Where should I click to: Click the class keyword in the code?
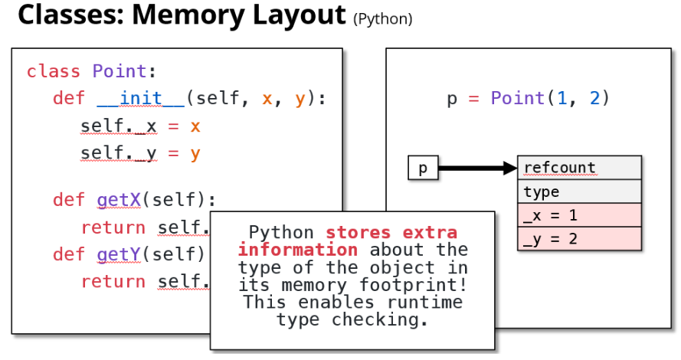click(x=53, y=72)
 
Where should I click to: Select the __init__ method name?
click(x=140, y=99)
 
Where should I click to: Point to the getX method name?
click(x=119, y=201)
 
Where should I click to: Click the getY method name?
click(x=119, y=254)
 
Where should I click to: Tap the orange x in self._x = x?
click(x=195, y=126)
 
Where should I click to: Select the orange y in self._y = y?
click(x=195, y=153)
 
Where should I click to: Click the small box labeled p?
click(x=423, y=169)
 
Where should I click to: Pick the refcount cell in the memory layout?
click(x=579, y=168)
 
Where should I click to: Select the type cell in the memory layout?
click(x=579, y=191)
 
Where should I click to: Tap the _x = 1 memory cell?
click(x=579, y=215)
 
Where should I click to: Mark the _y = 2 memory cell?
click(x=579, y=239)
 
